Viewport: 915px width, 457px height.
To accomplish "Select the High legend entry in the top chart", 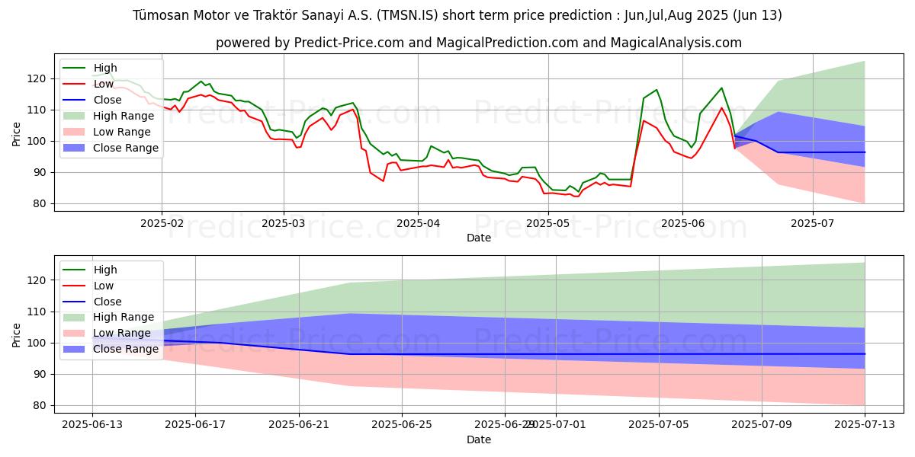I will tap(105, 68).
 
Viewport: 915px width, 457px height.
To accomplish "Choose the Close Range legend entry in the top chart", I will tap(126, 148).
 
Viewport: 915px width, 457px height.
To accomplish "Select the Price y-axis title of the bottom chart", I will tap(17, 334).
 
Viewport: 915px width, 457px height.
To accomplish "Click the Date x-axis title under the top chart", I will tap(478, 238).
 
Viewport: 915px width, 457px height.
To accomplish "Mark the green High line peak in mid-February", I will tap(201, 81).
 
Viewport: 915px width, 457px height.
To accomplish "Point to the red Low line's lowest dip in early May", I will tap(577, 197).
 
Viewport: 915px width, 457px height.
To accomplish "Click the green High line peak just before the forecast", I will tap(721, 88).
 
